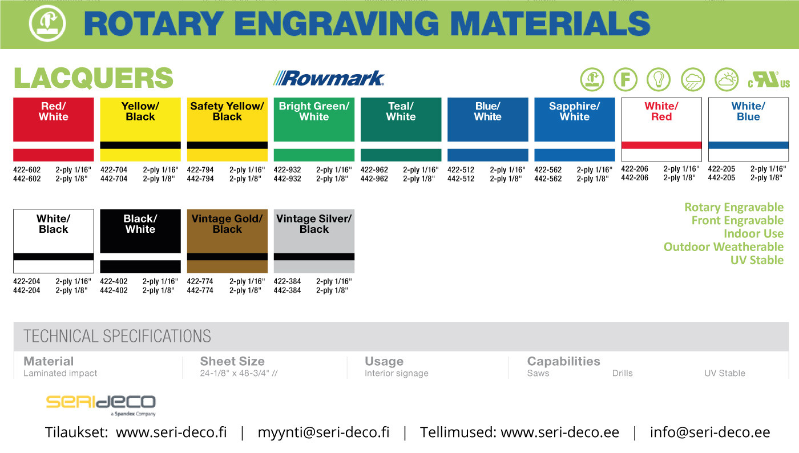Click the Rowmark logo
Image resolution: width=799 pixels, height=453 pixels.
coord(329,78)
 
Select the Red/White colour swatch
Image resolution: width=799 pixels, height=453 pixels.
coord(54,129)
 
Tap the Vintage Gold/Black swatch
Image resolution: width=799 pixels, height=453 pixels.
coord(227,241)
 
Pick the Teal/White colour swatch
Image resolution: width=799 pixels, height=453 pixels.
coord(401,129)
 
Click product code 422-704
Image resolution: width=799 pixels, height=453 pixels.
coord(114,170)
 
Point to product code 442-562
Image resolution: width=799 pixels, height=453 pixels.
coord(548,179)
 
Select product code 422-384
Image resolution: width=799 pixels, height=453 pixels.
coord(287,281)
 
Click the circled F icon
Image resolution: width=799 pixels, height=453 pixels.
coord(626,79)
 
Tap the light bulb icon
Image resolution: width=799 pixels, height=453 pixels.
coord(659,79)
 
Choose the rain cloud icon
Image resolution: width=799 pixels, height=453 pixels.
coord(693,79)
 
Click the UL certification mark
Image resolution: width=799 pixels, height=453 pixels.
coord(769,79)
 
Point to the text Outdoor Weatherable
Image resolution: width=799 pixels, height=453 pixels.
coord(724,247)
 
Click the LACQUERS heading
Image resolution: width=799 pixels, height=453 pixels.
coord(94,78)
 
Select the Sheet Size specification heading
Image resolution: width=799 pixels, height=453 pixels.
coord(232,361)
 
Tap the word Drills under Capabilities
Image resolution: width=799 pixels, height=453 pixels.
coord(623,373)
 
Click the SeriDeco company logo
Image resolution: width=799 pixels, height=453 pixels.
coord(101,405)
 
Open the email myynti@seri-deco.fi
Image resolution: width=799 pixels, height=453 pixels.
coord(324,432)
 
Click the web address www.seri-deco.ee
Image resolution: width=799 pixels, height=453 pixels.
coord(560,432)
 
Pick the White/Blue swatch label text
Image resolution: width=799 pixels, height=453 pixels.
coord(748,111)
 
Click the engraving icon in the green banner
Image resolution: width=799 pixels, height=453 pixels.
coord(47,23)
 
